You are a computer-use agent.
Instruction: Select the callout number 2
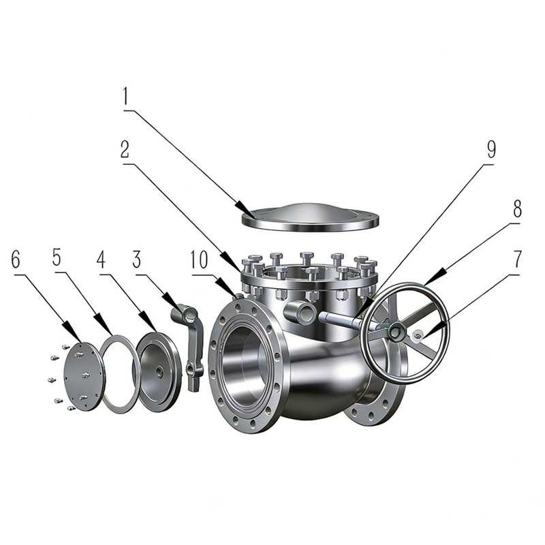point(125,150)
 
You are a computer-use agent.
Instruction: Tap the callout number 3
point(137,261)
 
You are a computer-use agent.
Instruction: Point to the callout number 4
point(101,260)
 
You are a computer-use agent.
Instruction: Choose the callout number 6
point(16,260)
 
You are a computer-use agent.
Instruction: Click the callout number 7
point(517,259)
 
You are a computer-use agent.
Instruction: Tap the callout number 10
point(200,261)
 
